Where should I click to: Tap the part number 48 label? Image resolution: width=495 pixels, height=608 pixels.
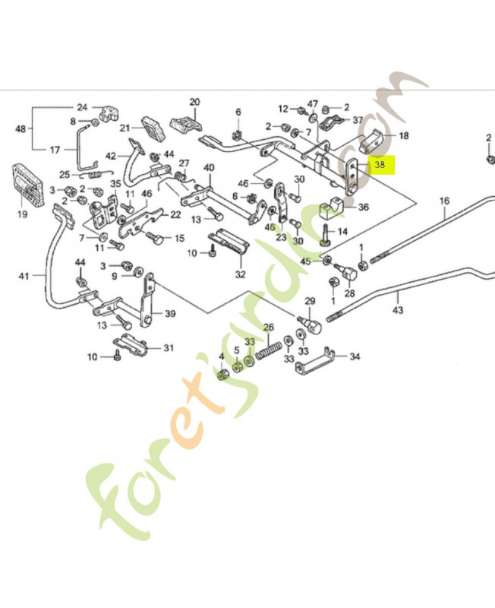coord(20,128)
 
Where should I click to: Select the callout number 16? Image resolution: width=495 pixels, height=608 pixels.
coord(444,201)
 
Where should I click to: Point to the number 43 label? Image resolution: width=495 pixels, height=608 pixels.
coord(398,311)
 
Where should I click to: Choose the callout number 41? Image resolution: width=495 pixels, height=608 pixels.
coord(24,276)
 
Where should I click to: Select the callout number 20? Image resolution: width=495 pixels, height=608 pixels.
coord(194,102)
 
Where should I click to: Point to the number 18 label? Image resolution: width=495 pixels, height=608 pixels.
coord(403,136)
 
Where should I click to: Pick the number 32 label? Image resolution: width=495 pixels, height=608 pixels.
coord(240,274)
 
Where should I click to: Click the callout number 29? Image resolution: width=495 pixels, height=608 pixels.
coord(310,302)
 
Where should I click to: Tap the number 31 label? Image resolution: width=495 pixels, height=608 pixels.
coord(169,349)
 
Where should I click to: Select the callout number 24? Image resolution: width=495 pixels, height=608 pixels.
coord(82,107)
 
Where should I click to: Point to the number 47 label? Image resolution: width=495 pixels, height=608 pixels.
coord(313,103)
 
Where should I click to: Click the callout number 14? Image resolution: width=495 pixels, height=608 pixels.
coord(342,231)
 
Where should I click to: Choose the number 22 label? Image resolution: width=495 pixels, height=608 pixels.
coord(175,215)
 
